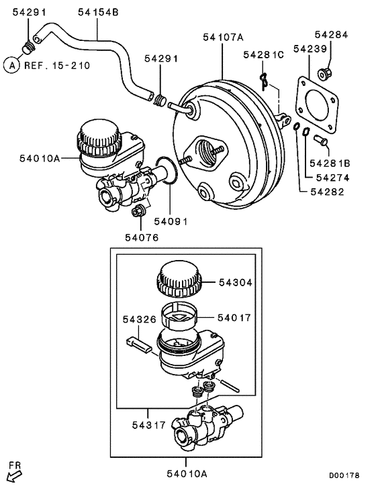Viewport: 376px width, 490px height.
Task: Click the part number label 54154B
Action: click(98, 11)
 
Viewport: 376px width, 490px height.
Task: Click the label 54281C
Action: click(264, 54)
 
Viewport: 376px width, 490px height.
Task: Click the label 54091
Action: click(170, 221)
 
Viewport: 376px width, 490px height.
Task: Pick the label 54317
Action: click(147, 424)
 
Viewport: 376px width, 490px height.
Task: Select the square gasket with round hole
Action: click(318, 102)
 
